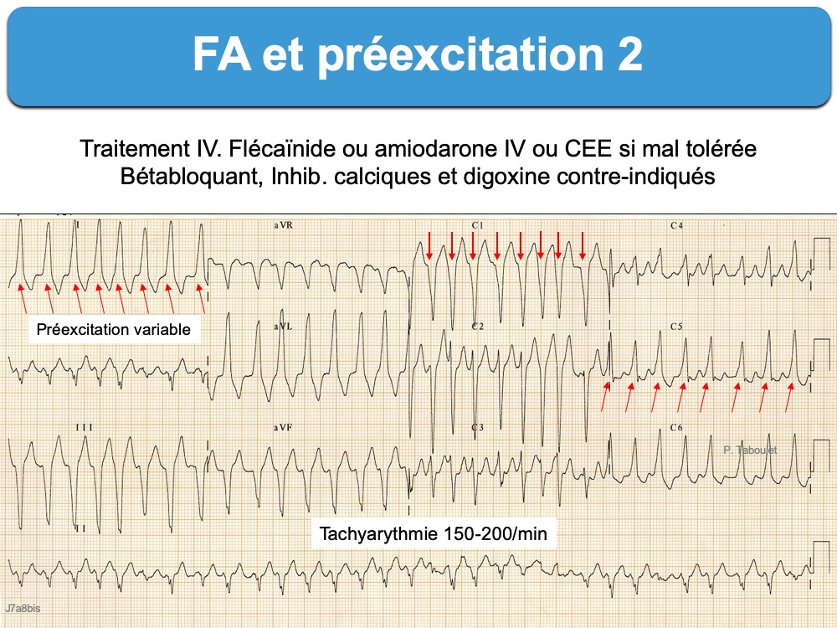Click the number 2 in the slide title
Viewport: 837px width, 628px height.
(x=630, y=54)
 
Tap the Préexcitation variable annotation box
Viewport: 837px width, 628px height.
(x=114, y=329)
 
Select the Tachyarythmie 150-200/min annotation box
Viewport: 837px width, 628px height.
(x=433, y=533)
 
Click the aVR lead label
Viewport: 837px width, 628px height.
(x=284, y=225)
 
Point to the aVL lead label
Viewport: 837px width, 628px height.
(x=283, y=327)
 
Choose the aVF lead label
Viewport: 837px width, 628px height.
(x=283, y=427)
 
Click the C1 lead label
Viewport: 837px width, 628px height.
(x=477, y=225)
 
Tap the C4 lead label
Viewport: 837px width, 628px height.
(x=676, y=225)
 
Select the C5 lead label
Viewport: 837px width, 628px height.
(x=676, y=327)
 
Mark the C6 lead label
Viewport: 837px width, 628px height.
(x=676, y=427)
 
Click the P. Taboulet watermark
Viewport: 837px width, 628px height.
(x=750, y=450)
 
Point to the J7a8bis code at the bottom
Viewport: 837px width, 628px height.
(x=23, y=608)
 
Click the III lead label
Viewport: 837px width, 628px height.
(x=84, y=427)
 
